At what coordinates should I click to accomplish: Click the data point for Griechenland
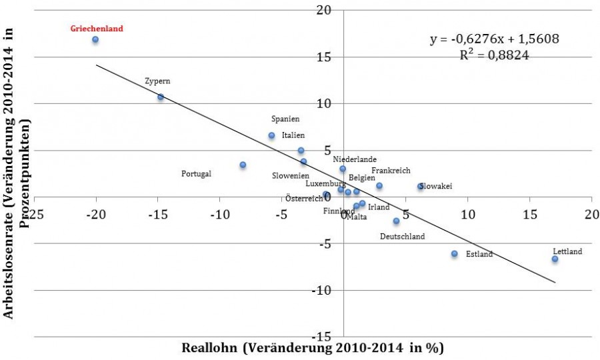(95, 39)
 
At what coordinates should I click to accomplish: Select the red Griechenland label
(97, 29)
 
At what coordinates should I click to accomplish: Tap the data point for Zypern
(160, 97)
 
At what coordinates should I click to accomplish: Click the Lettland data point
(555, 259)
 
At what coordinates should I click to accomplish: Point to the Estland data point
(454, 253)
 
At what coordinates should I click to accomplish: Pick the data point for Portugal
(243, 165)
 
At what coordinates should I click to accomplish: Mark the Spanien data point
(271, 135)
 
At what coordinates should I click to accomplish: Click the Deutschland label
(402, 237)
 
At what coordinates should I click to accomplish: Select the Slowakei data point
(421, 187)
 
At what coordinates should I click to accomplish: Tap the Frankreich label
(391, 171)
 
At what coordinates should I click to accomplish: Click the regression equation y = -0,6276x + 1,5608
(494, 39)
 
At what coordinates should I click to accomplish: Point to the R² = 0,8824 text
(494, 56)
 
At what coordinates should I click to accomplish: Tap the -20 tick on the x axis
(97, 215)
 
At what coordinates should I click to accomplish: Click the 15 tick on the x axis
(530, 215)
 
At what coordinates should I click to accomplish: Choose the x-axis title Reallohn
(313, 348)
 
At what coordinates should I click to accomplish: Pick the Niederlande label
(355, 159)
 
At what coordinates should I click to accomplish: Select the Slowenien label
(290, 176)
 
